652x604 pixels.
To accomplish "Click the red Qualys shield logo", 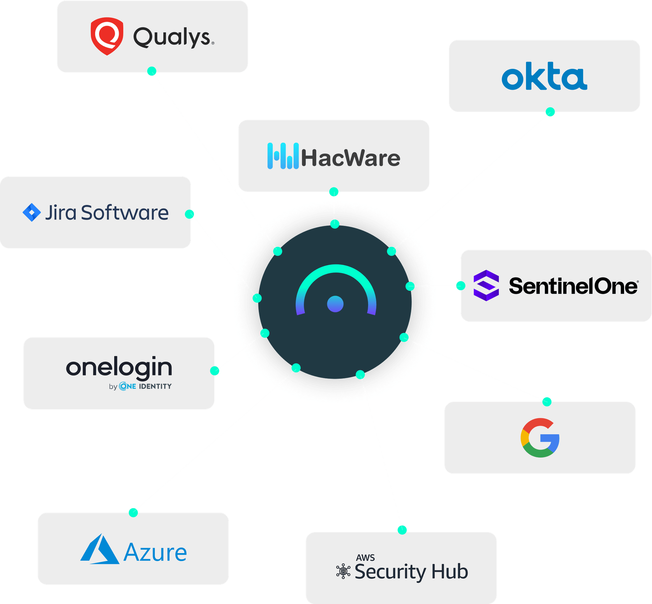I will click(x=107, y=36).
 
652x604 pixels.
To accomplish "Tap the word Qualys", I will click(x=172, y=38).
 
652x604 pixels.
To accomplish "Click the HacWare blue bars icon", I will click(x=283, y=156).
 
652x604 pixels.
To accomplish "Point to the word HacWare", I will click(x=350, y=158).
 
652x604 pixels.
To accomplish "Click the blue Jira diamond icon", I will click(x=31, y=212).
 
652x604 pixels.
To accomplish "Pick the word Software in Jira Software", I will click(x=125, y=213).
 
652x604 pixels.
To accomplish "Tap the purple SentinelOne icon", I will click(x=486, y=285).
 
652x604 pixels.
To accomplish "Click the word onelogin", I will click(x=119, y=368).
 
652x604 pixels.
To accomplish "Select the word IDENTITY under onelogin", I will click(x=155, y=386).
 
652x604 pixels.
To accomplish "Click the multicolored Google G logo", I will click(x=540, y=438).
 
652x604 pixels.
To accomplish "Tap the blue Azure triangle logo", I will click(x=99, y=550).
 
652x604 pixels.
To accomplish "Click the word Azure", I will click(x=155, y=553).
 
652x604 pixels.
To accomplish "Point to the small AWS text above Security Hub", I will click(x=365, y=557).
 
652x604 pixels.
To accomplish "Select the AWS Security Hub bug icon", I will click(x=343, y=571).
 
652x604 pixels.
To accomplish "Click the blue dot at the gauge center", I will click(x=335, y=304).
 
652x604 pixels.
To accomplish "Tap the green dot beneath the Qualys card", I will click(x=152, y=71).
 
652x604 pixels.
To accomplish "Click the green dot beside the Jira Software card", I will click(x=189, y=214).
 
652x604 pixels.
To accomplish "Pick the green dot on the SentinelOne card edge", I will click(x=460, y=286).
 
